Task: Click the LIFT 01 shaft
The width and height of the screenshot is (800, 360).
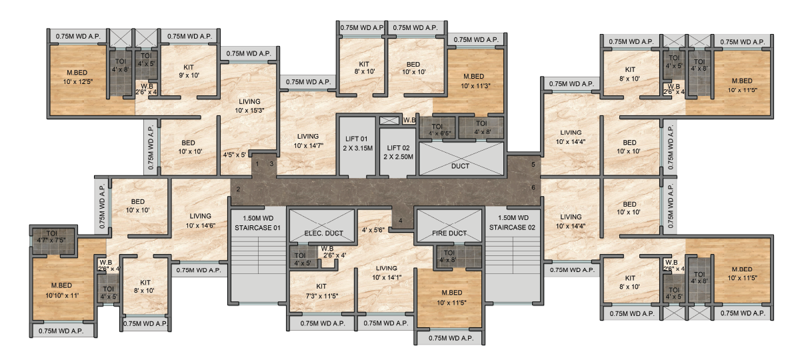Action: tap(357, 146)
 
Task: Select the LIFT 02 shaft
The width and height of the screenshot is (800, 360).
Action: tap(398, 153)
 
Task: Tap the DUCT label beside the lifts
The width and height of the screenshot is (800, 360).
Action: tap(460, 166)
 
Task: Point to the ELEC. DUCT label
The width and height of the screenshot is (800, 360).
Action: tap(323, 233)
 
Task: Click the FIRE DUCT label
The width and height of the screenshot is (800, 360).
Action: tap(449, 233)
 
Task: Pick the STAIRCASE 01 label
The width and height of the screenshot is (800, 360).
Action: tap(257, 223)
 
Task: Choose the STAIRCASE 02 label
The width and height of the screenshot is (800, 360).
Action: tap(512, 223)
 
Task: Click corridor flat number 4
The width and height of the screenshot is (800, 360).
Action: tap(401, 221)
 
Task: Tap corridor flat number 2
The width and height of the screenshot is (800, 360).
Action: tap(238, 189)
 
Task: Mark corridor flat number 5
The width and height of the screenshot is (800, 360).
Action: tap(533, 165)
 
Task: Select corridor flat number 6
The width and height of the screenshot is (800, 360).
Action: tap(533, 187)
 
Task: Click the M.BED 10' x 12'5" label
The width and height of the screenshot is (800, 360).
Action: tap(77, 77)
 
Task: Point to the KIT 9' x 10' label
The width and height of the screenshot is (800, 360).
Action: tap(189, 71)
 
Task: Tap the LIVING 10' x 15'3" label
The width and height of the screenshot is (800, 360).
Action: tap(249, 106)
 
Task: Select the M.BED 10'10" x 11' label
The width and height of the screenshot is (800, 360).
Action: tap(62, 291)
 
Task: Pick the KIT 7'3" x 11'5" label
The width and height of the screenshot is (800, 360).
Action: tap(322, 291)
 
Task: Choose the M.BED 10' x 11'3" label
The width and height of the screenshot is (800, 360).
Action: tap(475, 81)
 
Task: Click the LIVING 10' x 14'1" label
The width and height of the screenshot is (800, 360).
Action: tap(387, 273)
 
